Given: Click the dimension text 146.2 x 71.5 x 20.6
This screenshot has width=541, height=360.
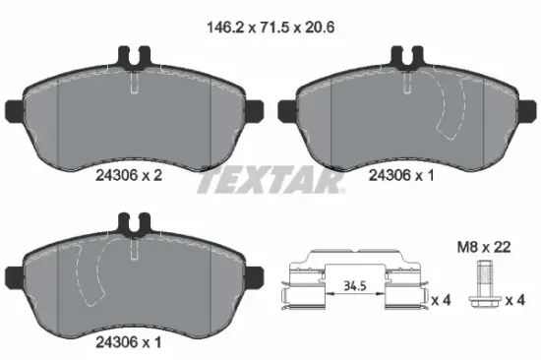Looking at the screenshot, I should click(270, 29).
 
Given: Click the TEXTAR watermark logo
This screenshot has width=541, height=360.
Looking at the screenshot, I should click(270, 183).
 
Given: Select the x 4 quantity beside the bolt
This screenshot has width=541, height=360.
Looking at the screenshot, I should click(511, 299).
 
